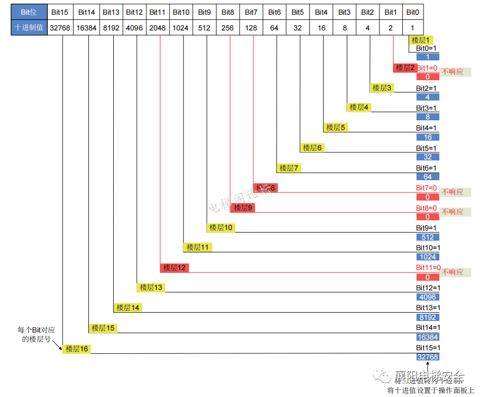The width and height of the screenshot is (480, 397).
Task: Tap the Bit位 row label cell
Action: coord(28,12)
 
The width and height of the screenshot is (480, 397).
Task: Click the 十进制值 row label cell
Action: coord(28,28)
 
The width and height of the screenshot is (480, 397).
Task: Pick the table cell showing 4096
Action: coord(134,28)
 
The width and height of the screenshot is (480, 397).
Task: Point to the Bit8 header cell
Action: coord(228,12)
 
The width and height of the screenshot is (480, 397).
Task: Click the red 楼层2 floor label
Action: coord(405,68)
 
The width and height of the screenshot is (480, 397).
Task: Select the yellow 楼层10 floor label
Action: coord(220,227)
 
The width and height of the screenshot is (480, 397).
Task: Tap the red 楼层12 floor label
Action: coord(174,268)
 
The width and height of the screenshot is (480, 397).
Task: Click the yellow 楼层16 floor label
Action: coord(77,349)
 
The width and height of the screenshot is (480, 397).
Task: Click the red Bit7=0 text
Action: coord(427,188)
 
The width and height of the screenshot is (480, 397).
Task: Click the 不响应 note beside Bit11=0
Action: coord(453,272)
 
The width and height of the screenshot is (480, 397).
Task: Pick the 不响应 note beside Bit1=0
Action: coord(453,72)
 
